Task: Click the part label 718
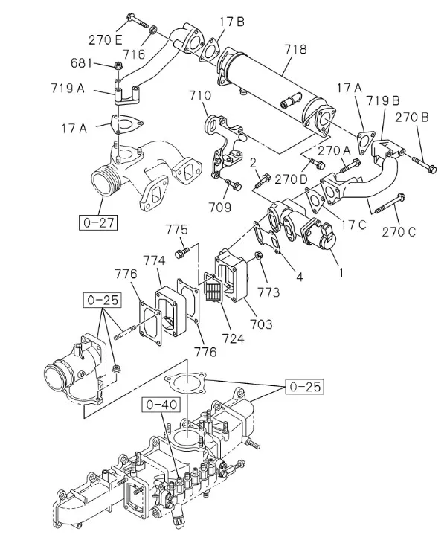295,50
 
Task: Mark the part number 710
199,96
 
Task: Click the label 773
269,292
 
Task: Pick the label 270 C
400,231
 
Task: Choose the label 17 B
231,22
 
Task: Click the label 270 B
411,117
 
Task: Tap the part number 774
154,260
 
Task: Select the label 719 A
68,89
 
